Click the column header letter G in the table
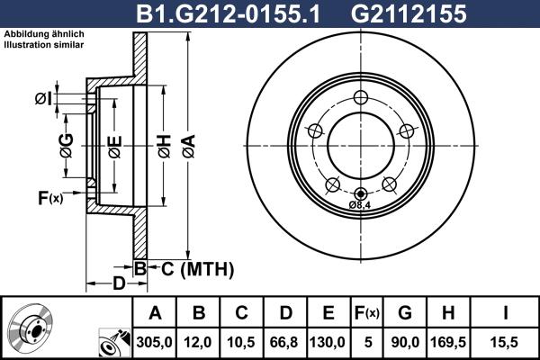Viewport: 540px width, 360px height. pos(405,313)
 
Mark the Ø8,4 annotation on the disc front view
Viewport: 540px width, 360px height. pos(360,204)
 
